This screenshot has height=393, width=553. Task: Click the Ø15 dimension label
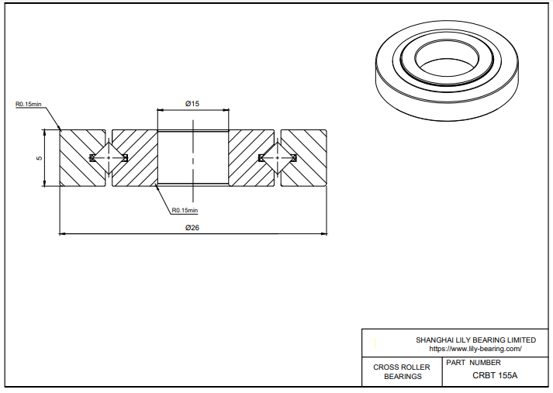click(x=192, y=103)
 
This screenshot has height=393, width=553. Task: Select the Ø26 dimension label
click(x=192, y=227)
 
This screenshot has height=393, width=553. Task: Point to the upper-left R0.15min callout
click(x=28, y=104)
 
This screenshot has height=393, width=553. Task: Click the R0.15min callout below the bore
click(x=185, y=210)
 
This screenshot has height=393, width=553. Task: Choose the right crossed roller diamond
click(x=277, y=158)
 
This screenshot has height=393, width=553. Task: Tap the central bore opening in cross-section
click(x=192, y=158)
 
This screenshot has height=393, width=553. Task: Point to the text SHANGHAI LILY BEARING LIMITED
click(x=475, y=340)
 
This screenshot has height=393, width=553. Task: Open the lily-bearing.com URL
click(x=475, y=349)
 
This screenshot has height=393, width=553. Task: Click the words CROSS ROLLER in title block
click(x=402, y=367)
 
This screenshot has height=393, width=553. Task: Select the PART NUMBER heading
click(x=474, y=362)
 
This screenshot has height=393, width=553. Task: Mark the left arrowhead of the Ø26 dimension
click(x=63, y=233)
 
